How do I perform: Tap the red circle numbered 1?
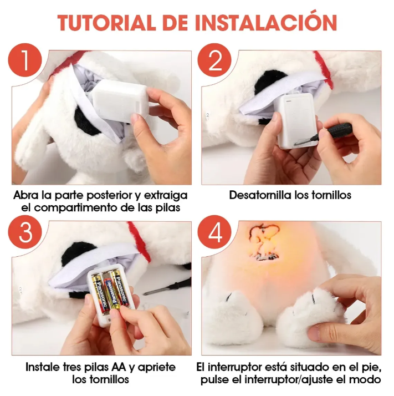tap(25, 60)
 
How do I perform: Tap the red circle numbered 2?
tap(214, 60)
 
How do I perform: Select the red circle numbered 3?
tap(25, 232)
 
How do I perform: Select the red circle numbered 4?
tap(214, 232)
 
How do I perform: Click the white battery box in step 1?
tap(119, 101)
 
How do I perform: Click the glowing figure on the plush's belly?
tap(264, 242)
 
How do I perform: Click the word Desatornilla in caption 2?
tap(260, 195)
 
